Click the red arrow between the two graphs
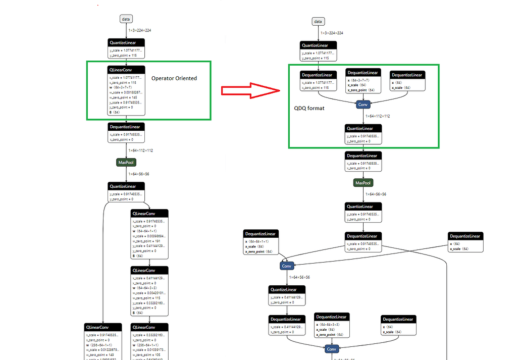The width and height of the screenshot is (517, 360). point(250,91)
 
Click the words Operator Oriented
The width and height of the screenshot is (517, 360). point(174,78)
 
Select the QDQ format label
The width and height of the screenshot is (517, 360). point(309,108)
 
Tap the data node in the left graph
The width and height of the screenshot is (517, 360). point(126,19)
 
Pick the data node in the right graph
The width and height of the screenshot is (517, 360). point(318,21)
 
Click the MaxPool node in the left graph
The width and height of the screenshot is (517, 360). point(126,163)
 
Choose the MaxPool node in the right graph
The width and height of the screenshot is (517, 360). point(363,183)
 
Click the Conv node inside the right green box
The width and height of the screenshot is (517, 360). point(363,105)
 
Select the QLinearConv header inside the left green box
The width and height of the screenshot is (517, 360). point(126,69)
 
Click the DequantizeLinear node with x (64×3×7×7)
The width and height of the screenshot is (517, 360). point(363,81)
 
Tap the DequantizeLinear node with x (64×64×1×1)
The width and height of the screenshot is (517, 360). point(260,242)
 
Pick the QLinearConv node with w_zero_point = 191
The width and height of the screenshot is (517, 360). point(150,234)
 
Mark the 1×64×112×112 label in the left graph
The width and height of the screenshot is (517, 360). point(140,150)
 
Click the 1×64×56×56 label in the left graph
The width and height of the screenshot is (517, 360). point(138,174)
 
